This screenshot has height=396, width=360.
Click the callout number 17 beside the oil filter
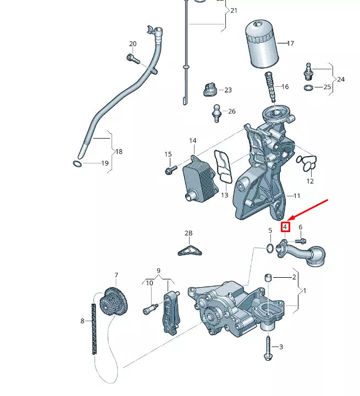coord(290,43)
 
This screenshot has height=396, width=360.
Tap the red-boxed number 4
coord(285,226)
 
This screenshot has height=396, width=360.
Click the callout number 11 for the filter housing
coord(296,196)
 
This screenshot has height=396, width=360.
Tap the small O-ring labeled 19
coord(77,163)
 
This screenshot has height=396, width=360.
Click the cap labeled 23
coord(210,89)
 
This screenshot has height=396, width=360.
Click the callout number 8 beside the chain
coord(82,321)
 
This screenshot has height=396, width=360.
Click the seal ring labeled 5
coord(270,248)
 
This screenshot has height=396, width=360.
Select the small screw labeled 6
coord(300,240)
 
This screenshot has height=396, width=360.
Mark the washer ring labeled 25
coord(309,87)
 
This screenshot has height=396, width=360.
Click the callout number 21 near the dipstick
coord(234,10)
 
